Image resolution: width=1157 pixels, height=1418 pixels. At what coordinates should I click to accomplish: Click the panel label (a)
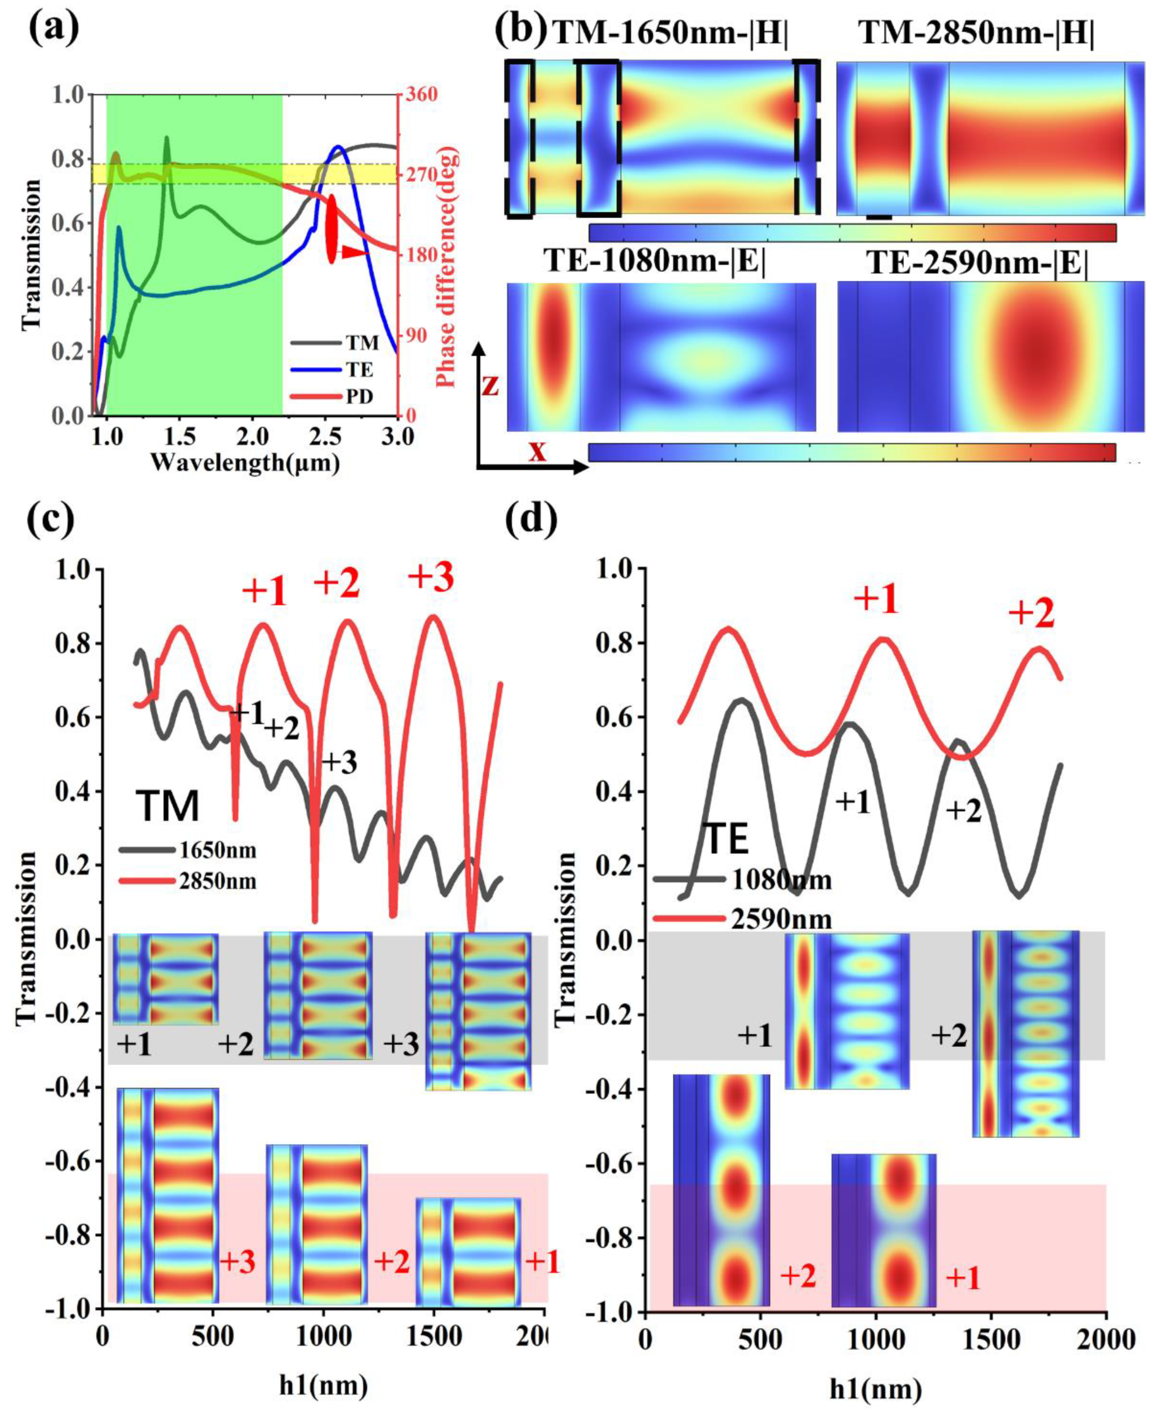click(53, 28)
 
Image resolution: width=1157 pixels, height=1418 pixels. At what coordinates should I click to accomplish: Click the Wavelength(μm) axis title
click(245, 462)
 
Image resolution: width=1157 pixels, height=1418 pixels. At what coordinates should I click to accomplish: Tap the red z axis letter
click(490, 385)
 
